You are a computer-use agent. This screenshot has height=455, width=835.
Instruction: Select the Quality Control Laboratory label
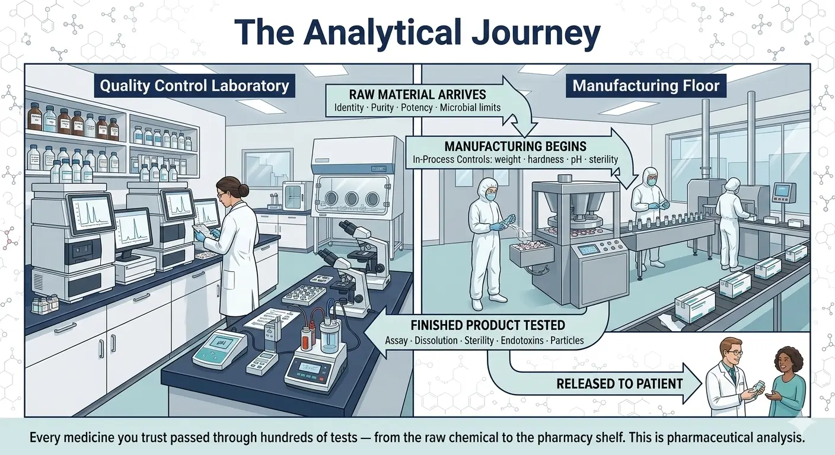tap(195, 85)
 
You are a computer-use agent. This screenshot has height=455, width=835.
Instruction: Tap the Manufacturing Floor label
tap(646, 85)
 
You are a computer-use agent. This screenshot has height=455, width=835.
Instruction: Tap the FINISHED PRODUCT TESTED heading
tap(487, 325)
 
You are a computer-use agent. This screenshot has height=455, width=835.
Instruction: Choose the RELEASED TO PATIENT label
tap(619, 383)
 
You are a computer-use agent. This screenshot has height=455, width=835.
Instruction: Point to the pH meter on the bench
tap(219, 347)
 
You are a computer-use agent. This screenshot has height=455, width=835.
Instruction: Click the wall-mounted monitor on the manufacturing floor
tap(784, 191)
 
